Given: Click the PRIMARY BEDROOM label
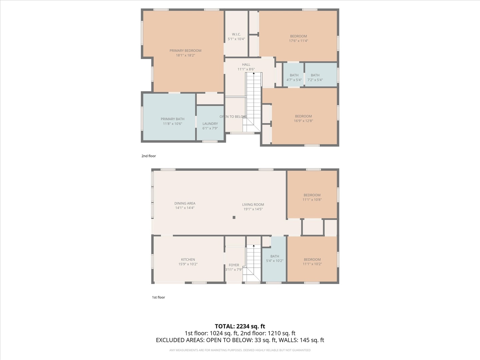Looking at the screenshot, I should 185,51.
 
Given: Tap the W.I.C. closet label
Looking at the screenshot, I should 236,34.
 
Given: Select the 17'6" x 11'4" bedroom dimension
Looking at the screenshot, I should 298,41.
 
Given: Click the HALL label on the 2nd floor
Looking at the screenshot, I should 246,65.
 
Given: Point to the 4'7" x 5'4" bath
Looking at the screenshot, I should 294,78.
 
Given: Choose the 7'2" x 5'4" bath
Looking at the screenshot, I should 315,78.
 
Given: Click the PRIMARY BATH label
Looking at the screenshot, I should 172,119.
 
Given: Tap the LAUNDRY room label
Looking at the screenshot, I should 210,124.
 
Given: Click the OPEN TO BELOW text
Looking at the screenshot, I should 233,117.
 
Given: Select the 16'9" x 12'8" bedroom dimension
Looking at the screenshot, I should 303,121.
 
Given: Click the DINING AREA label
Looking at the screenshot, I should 185,203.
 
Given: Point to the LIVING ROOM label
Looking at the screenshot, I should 253,205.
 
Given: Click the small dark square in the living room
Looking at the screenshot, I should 234,217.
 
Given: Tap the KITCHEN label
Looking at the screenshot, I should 188,259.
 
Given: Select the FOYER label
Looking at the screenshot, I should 234,265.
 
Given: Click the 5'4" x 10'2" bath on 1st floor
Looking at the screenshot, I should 275,259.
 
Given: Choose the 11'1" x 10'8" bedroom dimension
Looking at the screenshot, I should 312,200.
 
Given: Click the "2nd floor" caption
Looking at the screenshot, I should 149,156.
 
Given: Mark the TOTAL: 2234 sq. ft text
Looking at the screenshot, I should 240,326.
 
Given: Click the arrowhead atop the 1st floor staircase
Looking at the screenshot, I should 254,246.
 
